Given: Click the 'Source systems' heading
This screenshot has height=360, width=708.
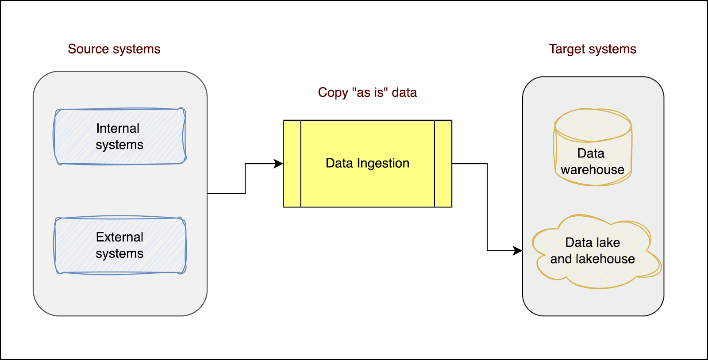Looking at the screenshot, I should click(x=114, y=49).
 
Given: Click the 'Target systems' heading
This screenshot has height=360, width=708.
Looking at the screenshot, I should click(x=593, y=49).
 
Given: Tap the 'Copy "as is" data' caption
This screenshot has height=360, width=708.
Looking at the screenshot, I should click(x=367, y=92).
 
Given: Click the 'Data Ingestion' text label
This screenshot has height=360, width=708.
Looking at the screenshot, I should click(x=367, y=163).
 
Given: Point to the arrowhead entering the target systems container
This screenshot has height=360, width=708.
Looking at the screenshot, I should click(x=518, y=251).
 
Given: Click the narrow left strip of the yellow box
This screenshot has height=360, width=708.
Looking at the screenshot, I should click(x=292, y=164).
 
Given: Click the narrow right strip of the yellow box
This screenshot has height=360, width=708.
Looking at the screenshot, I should click(x=443, y=164).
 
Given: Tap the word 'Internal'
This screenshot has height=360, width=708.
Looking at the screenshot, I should click(x=118, y=128).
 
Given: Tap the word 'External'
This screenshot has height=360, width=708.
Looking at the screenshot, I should click(x=119, y=237).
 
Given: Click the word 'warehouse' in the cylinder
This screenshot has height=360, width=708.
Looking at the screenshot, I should click(x=593, y=170).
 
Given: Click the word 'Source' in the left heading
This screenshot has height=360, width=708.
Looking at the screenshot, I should click(x=88, y=49).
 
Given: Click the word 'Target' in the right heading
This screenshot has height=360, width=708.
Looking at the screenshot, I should click(x=566, y=49).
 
